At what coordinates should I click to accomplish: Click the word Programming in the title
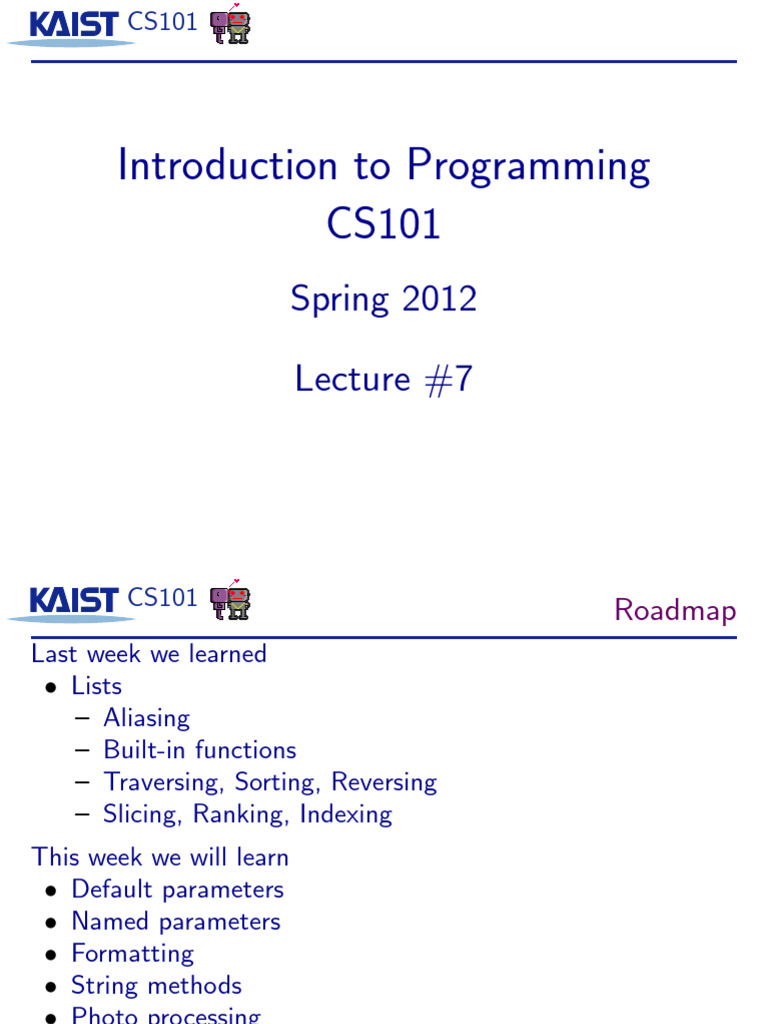pos(528,167)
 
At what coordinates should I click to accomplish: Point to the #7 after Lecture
pos(448,380)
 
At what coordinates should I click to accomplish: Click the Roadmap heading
pos(675,610)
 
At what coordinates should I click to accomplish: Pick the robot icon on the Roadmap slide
pos(230,600)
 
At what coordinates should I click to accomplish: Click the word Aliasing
pos(146,718)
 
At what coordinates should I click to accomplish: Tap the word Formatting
pos(132,953)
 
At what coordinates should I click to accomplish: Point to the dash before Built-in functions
pos(82,751)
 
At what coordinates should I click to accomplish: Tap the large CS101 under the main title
pos(384,223)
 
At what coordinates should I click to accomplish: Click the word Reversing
pos(384,782)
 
